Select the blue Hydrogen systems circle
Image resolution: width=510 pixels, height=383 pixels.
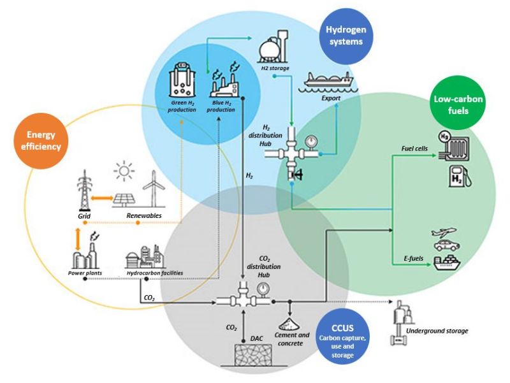tap(344, 36)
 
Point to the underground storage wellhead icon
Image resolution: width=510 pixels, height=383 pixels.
tap(401, 324)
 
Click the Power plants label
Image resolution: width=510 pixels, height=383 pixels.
tap(85, 273)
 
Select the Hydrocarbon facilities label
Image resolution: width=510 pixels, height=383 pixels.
tap(155, 273)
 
